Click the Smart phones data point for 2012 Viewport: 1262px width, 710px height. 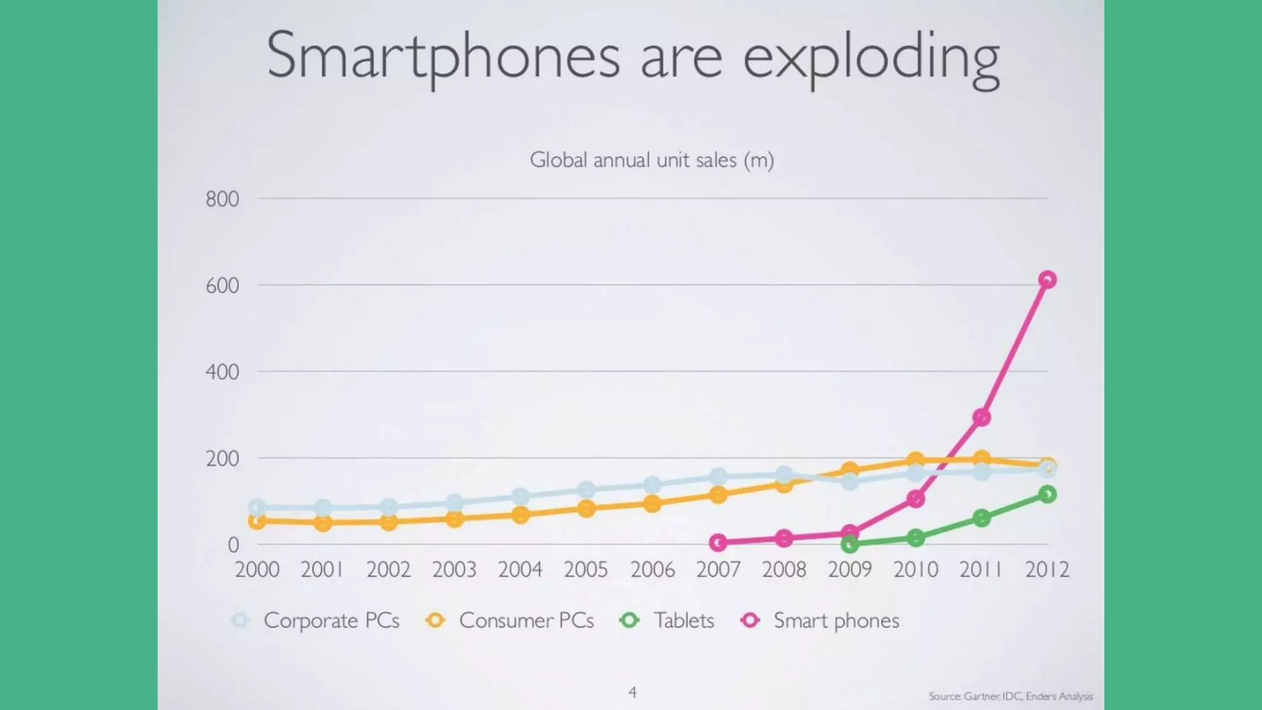[x=1047, y=280]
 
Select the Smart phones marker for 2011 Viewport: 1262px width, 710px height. [x=982, y=417]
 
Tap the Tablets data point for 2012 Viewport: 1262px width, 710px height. [x=1047, y=494]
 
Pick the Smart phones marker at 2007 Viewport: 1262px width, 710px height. [x=718, y=543]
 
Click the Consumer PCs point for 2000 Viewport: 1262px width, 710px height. [x=257, y=521]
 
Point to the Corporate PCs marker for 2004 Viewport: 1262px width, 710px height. [x=521, y=496]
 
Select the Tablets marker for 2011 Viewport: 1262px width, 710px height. [x=982, y=518]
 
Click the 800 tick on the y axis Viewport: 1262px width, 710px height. [x=222, y=199]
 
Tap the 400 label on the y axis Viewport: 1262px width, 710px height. [x=222, y=372]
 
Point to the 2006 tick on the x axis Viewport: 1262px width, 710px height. [x=652, y=569]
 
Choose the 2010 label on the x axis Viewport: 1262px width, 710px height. [x=916, y=569]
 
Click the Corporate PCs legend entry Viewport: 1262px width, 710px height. [x=315, y=620]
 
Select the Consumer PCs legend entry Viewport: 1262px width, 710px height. [x=510, y=620]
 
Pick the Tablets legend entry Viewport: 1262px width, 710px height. [x=667, y=620]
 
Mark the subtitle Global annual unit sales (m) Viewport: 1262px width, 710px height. [x=651, y=160]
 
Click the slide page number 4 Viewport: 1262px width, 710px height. [x=632, y=693]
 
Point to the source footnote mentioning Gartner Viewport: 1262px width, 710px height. [x=1010, y=696]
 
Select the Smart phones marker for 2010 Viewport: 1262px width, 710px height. [x=916, y=499]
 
